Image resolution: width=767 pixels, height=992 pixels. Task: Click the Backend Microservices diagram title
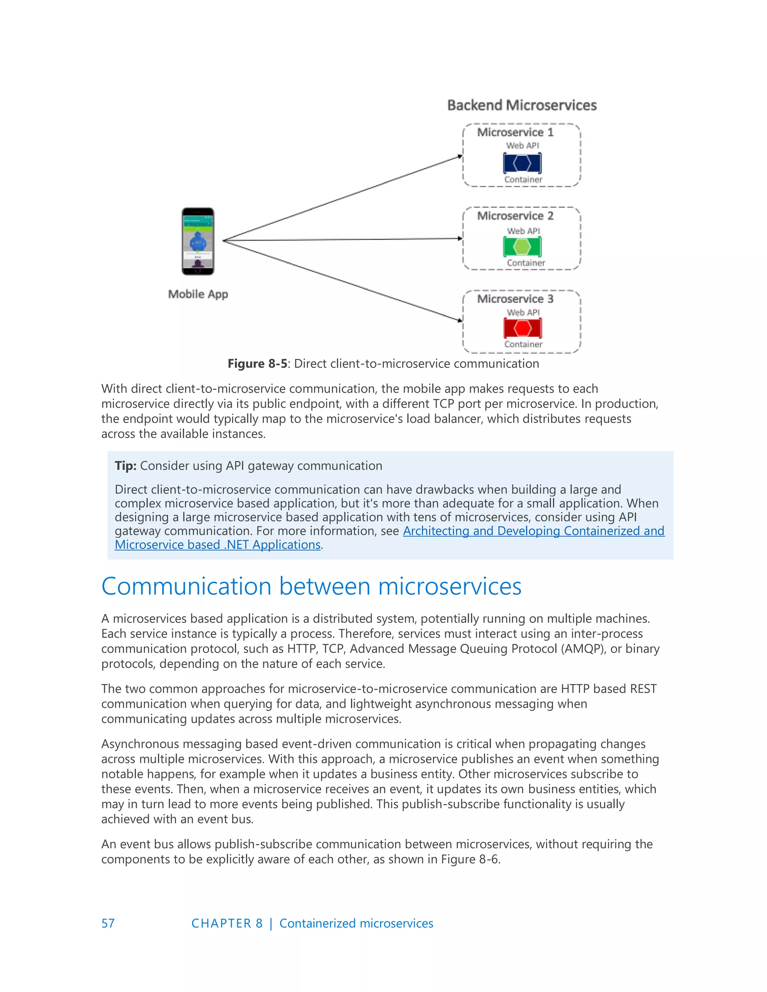(x=522, y=106)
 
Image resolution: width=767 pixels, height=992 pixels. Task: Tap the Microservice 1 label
(x=515, y=132)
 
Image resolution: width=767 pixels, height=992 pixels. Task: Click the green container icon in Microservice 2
(x=522, y=247)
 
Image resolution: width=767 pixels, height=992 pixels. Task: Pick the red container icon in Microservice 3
(x=522, y=328)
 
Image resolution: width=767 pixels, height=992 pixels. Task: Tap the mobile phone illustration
(x=198, y=241)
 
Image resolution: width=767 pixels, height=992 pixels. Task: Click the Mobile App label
(x=198, y=294)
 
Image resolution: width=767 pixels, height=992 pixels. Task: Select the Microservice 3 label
(x=515, y=299)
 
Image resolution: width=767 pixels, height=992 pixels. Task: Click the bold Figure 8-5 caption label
(x=257, y=364)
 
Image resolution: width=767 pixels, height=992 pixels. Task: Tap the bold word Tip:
(x=125, y=466)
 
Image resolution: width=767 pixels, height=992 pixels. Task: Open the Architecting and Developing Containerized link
(x=533, y=531)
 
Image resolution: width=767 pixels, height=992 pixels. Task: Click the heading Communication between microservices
(x=311, y=586)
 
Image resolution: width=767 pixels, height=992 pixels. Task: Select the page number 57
(x=108, y=923)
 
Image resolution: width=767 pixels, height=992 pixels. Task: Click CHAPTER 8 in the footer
(x=227, y=923)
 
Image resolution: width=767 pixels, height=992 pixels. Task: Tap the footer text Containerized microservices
(x=356, y=923)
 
